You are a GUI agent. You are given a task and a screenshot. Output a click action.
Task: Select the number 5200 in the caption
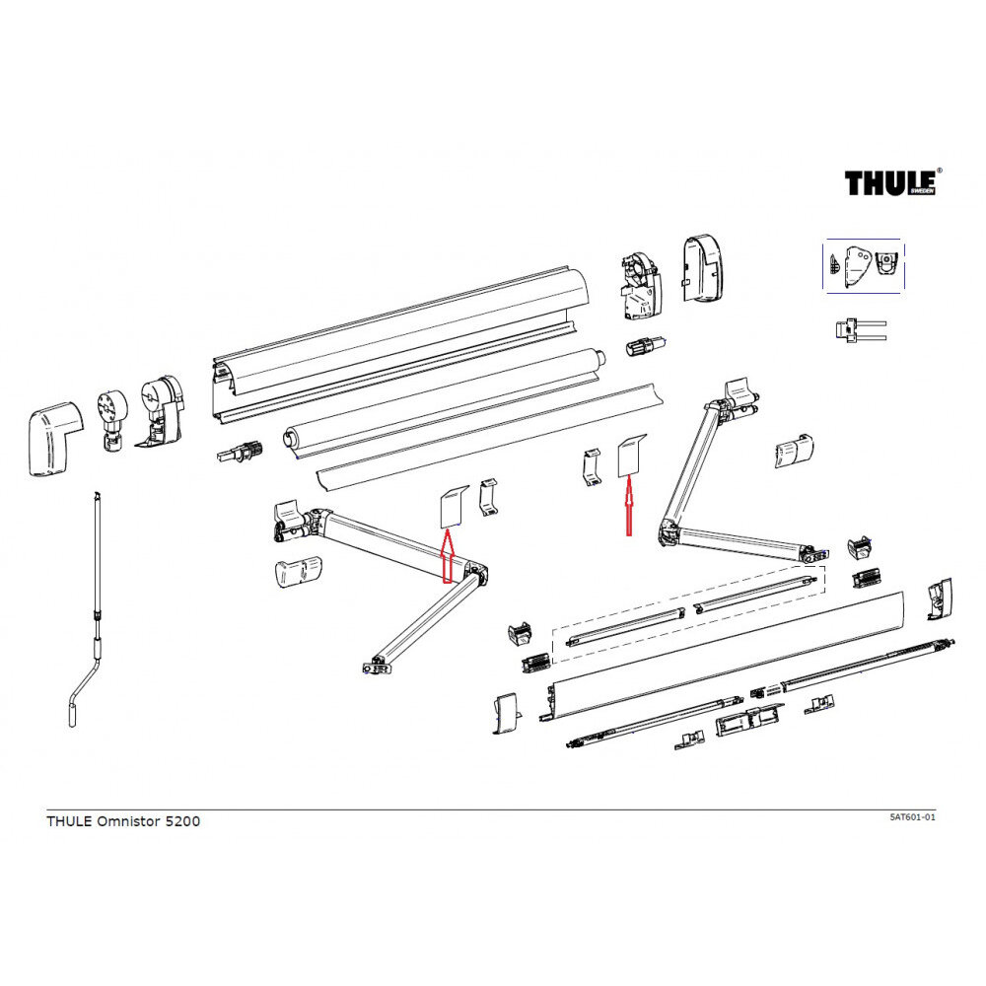point(182,821)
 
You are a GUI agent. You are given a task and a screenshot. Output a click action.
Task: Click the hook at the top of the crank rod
point(96,495)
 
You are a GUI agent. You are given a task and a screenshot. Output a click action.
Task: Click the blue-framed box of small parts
point(864,264)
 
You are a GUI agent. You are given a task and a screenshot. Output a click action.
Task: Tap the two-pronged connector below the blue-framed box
point(858,329)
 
